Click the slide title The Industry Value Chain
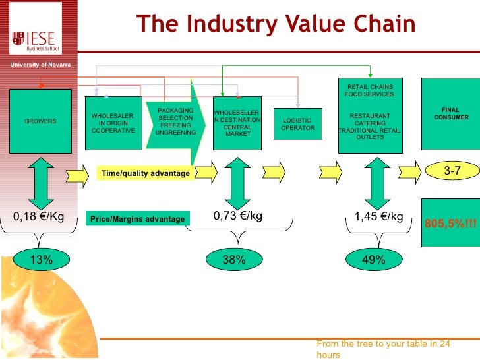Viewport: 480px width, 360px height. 276,24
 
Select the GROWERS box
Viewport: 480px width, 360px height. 40,121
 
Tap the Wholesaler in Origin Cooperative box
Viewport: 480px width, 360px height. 113,123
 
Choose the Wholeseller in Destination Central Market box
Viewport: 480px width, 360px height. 237,123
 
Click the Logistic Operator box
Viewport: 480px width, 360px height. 297,125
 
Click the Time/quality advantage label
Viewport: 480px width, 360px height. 145,173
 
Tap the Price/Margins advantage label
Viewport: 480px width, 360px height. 137,218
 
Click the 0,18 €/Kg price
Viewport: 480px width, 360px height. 39,216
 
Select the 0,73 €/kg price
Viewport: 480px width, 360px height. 238,216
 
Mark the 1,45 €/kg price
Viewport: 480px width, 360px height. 378,216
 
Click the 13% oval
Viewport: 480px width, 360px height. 41,260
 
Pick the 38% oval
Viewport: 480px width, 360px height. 233,260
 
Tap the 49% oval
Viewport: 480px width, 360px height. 374,260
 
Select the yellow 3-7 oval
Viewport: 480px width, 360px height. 452,171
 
